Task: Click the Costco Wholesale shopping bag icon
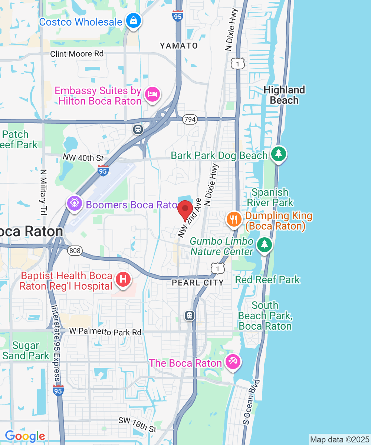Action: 133,21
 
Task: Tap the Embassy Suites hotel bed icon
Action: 152,94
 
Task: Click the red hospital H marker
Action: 124,279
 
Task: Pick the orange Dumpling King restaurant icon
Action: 233,219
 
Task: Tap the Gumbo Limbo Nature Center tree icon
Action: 264,244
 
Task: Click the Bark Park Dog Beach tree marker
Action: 278,154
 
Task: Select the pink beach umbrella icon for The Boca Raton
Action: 233,361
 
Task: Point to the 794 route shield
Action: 189,119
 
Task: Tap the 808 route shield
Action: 75,251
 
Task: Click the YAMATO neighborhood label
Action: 179,46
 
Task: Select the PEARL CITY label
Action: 198,283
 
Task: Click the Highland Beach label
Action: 285,95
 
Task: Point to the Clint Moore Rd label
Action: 77,54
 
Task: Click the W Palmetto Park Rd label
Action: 105,332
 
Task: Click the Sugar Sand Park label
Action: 26,351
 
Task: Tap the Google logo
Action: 25,436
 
